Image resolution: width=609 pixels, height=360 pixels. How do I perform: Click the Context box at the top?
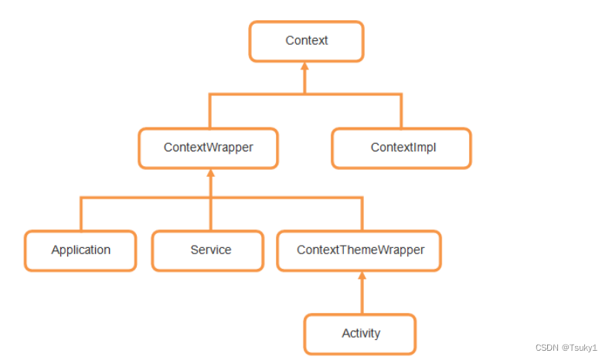306,41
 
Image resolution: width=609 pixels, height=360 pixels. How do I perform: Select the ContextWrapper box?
209,148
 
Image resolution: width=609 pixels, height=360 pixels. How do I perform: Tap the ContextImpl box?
401,148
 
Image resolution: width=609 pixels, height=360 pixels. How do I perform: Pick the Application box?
80,250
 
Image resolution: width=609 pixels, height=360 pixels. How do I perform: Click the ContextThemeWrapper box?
359,250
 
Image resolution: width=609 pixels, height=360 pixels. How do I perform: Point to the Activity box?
360,334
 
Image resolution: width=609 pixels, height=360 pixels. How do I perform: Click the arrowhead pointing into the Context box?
305,67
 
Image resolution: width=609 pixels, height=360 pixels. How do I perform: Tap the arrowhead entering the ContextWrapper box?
210,174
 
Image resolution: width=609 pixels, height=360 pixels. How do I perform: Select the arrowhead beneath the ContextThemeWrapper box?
361,277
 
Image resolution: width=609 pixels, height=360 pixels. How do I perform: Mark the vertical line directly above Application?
81,214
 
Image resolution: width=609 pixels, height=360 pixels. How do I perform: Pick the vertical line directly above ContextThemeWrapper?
361,214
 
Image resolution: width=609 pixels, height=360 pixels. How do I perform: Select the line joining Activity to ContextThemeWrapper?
361,297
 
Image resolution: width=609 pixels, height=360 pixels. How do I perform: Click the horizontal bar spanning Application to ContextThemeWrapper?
147,198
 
